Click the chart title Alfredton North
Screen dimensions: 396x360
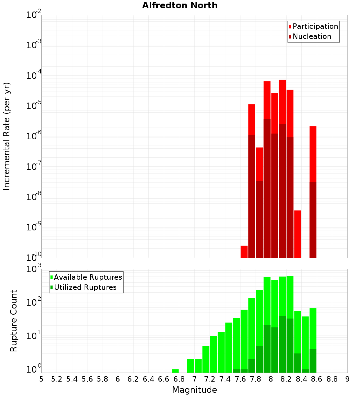coord(180,5)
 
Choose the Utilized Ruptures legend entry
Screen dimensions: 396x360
coord(85,287)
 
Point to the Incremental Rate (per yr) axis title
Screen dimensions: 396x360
coord(7,136)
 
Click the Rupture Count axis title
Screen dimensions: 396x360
coord(14,321)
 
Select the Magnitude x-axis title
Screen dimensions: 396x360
coord(194,390)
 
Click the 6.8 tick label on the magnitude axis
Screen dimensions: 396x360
coord(179,379)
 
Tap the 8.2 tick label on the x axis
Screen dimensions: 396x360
coord(286,379)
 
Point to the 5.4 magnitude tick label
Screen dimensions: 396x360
coord(72,379)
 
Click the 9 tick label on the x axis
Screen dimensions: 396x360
coord(347,379)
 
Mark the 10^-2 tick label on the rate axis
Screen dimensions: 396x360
coord(34,15)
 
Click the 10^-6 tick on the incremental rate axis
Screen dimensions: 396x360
coord(34,136)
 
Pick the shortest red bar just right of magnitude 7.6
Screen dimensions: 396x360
coord(244,252)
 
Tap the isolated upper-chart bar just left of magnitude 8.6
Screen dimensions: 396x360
coord(313,155)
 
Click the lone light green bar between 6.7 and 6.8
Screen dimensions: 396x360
coord(175,371)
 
